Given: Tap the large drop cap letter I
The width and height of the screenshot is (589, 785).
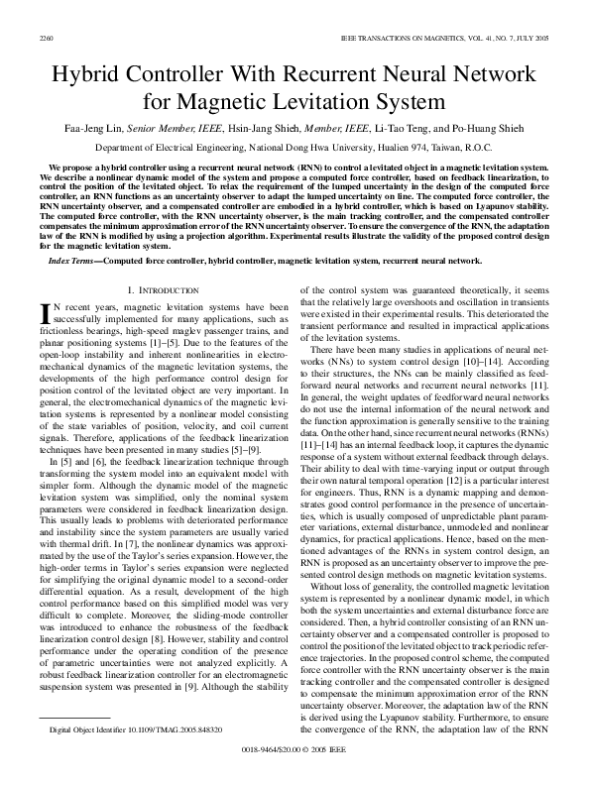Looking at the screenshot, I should tap(43, 314).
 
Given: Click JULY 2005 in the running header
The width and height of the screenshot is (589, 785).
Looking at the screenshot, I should tap(531, 36).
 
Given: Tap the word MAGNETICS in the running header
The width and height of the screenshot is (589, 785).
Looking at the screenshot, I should tap(430, 36).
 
